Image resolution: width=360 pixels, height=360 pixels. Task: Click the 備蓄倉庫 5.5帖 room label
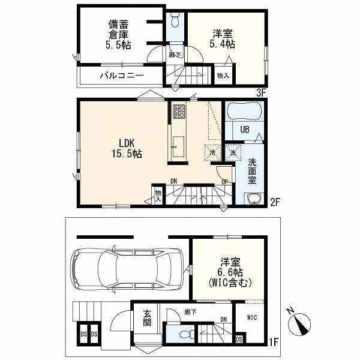tap(118, 35)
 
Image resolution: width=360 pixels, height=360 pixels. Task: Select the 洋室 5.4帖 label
tap(223, 39)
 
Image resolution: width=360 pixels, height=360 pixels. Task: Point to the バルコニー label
tap(122, 75)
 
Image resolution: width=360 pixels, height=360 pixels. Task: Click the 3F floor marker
tap(261, 93)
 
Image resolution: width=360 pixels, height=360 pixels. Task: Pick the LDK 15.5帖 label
tap(127, 148)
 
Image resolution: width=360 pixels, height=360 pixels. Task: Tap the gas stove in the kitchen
tap(179, 112)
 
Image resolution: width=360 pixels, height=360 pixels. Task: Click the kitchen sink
tap(178, 146)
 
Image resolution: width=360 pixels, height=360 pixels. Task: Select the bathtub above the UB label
tap(244, 111)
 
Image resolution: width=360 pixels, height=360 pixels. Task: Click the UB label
tap(245, 130)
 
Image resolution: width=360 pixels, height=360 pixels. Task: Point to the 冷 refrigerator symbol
tap(213, 152)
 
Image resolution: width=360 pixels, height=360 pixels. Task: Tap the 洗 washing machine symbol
tap(233, 152)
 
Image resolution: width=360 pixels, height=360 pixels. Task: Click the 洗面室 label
tap(251, 171)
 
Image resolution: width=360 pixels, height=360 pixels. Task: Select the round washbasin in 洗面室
tap(253, 198)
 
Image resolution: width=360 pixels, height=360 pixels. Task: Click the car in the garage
tap(128, 268)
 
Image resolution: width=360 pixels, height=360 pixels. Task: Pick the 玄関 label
tap(147, 318)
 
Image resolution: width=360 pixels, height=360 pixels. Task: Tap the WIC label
tap(252, 317)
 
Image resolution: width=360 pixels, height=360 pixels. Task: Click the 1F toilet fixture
tap(187, 334)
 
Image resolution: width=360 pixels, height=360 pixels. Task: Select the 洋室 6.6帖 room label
tap(230, 272)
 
